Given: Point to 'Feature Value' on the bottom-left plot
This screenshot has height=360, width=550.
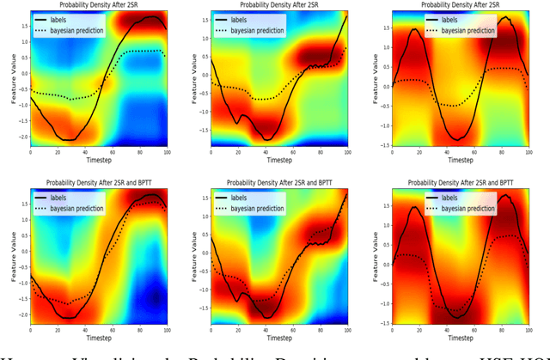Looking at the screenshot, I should click(x=11, y=259).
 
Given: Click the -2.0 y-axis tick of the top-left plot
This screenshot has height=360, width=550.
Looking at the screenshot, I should click(x=21, y=137).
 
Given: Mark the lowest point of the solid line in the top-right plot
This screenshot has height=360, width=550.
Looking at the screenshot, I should click(x=458, y=138).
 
